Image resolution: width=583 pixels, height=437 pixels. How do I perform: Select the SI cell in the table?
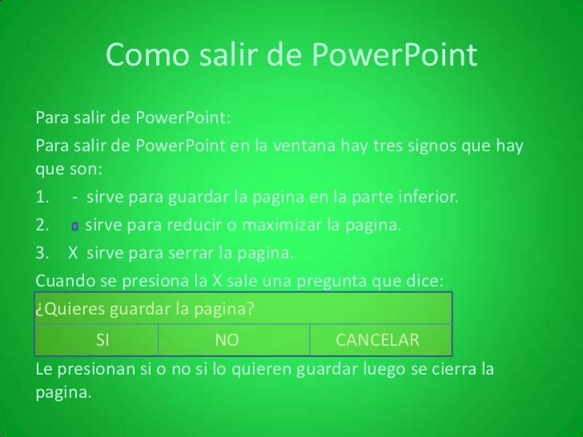(102, 340)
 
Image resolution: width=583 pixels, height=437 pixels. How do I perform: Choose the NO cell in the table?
(227, 340)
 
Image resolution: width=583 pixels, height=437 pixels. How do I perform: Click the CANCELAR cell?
(377, 340)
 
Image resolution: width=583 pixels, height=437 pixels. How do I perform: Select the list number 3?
(43, 254)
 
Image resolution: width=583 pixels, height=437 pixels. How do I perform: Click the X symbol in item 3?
(73, 254)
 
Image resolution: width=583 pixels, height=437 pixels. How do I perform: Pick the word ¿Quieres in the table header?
(66, 311)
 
